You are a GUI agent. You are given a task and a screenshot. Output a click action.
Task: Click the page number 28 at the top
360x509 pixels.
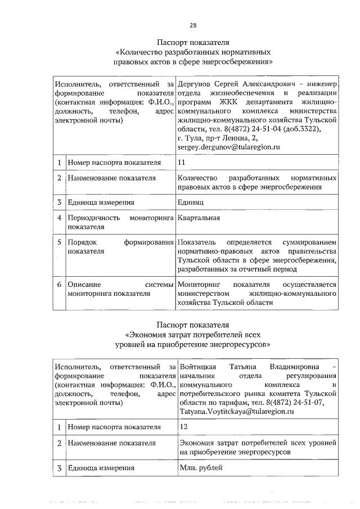pyautogui.click(x=192, y=25)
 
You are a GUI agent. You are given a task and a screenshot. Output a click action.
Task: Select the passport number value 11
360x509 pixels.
pyautogui.click(x=181, y=162)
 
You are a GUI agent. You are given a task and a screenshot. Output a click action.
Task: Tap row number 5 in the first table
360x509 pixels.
pyautogui.click(x=59, y=242)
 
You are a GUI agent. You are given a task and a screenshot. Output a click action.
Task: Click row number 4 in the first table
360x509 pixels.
pyautogui.click(x=59, y=218)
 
